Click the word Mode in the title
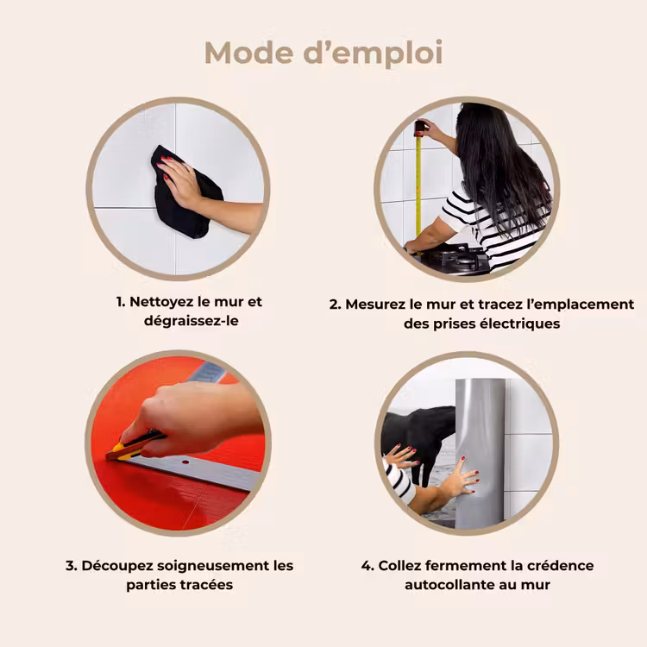pyautogui.click(x=248, y=53)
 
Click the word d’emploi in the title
pyautogui.click(x=374, y=53)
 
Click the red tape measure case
pyautogui.click(x=420, y=128)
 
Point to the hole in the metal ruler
pyautogui.click(x=185, y=462)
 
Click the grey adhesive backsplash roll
pyautogui.click(x=480, y=454)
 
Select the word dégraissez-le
pyautogui.click(x=191, y=321)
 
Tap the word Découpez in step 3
pyautogui.click(x=117, y=566)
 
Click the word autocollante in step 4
pyautogui.click(x=449, y=585)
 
